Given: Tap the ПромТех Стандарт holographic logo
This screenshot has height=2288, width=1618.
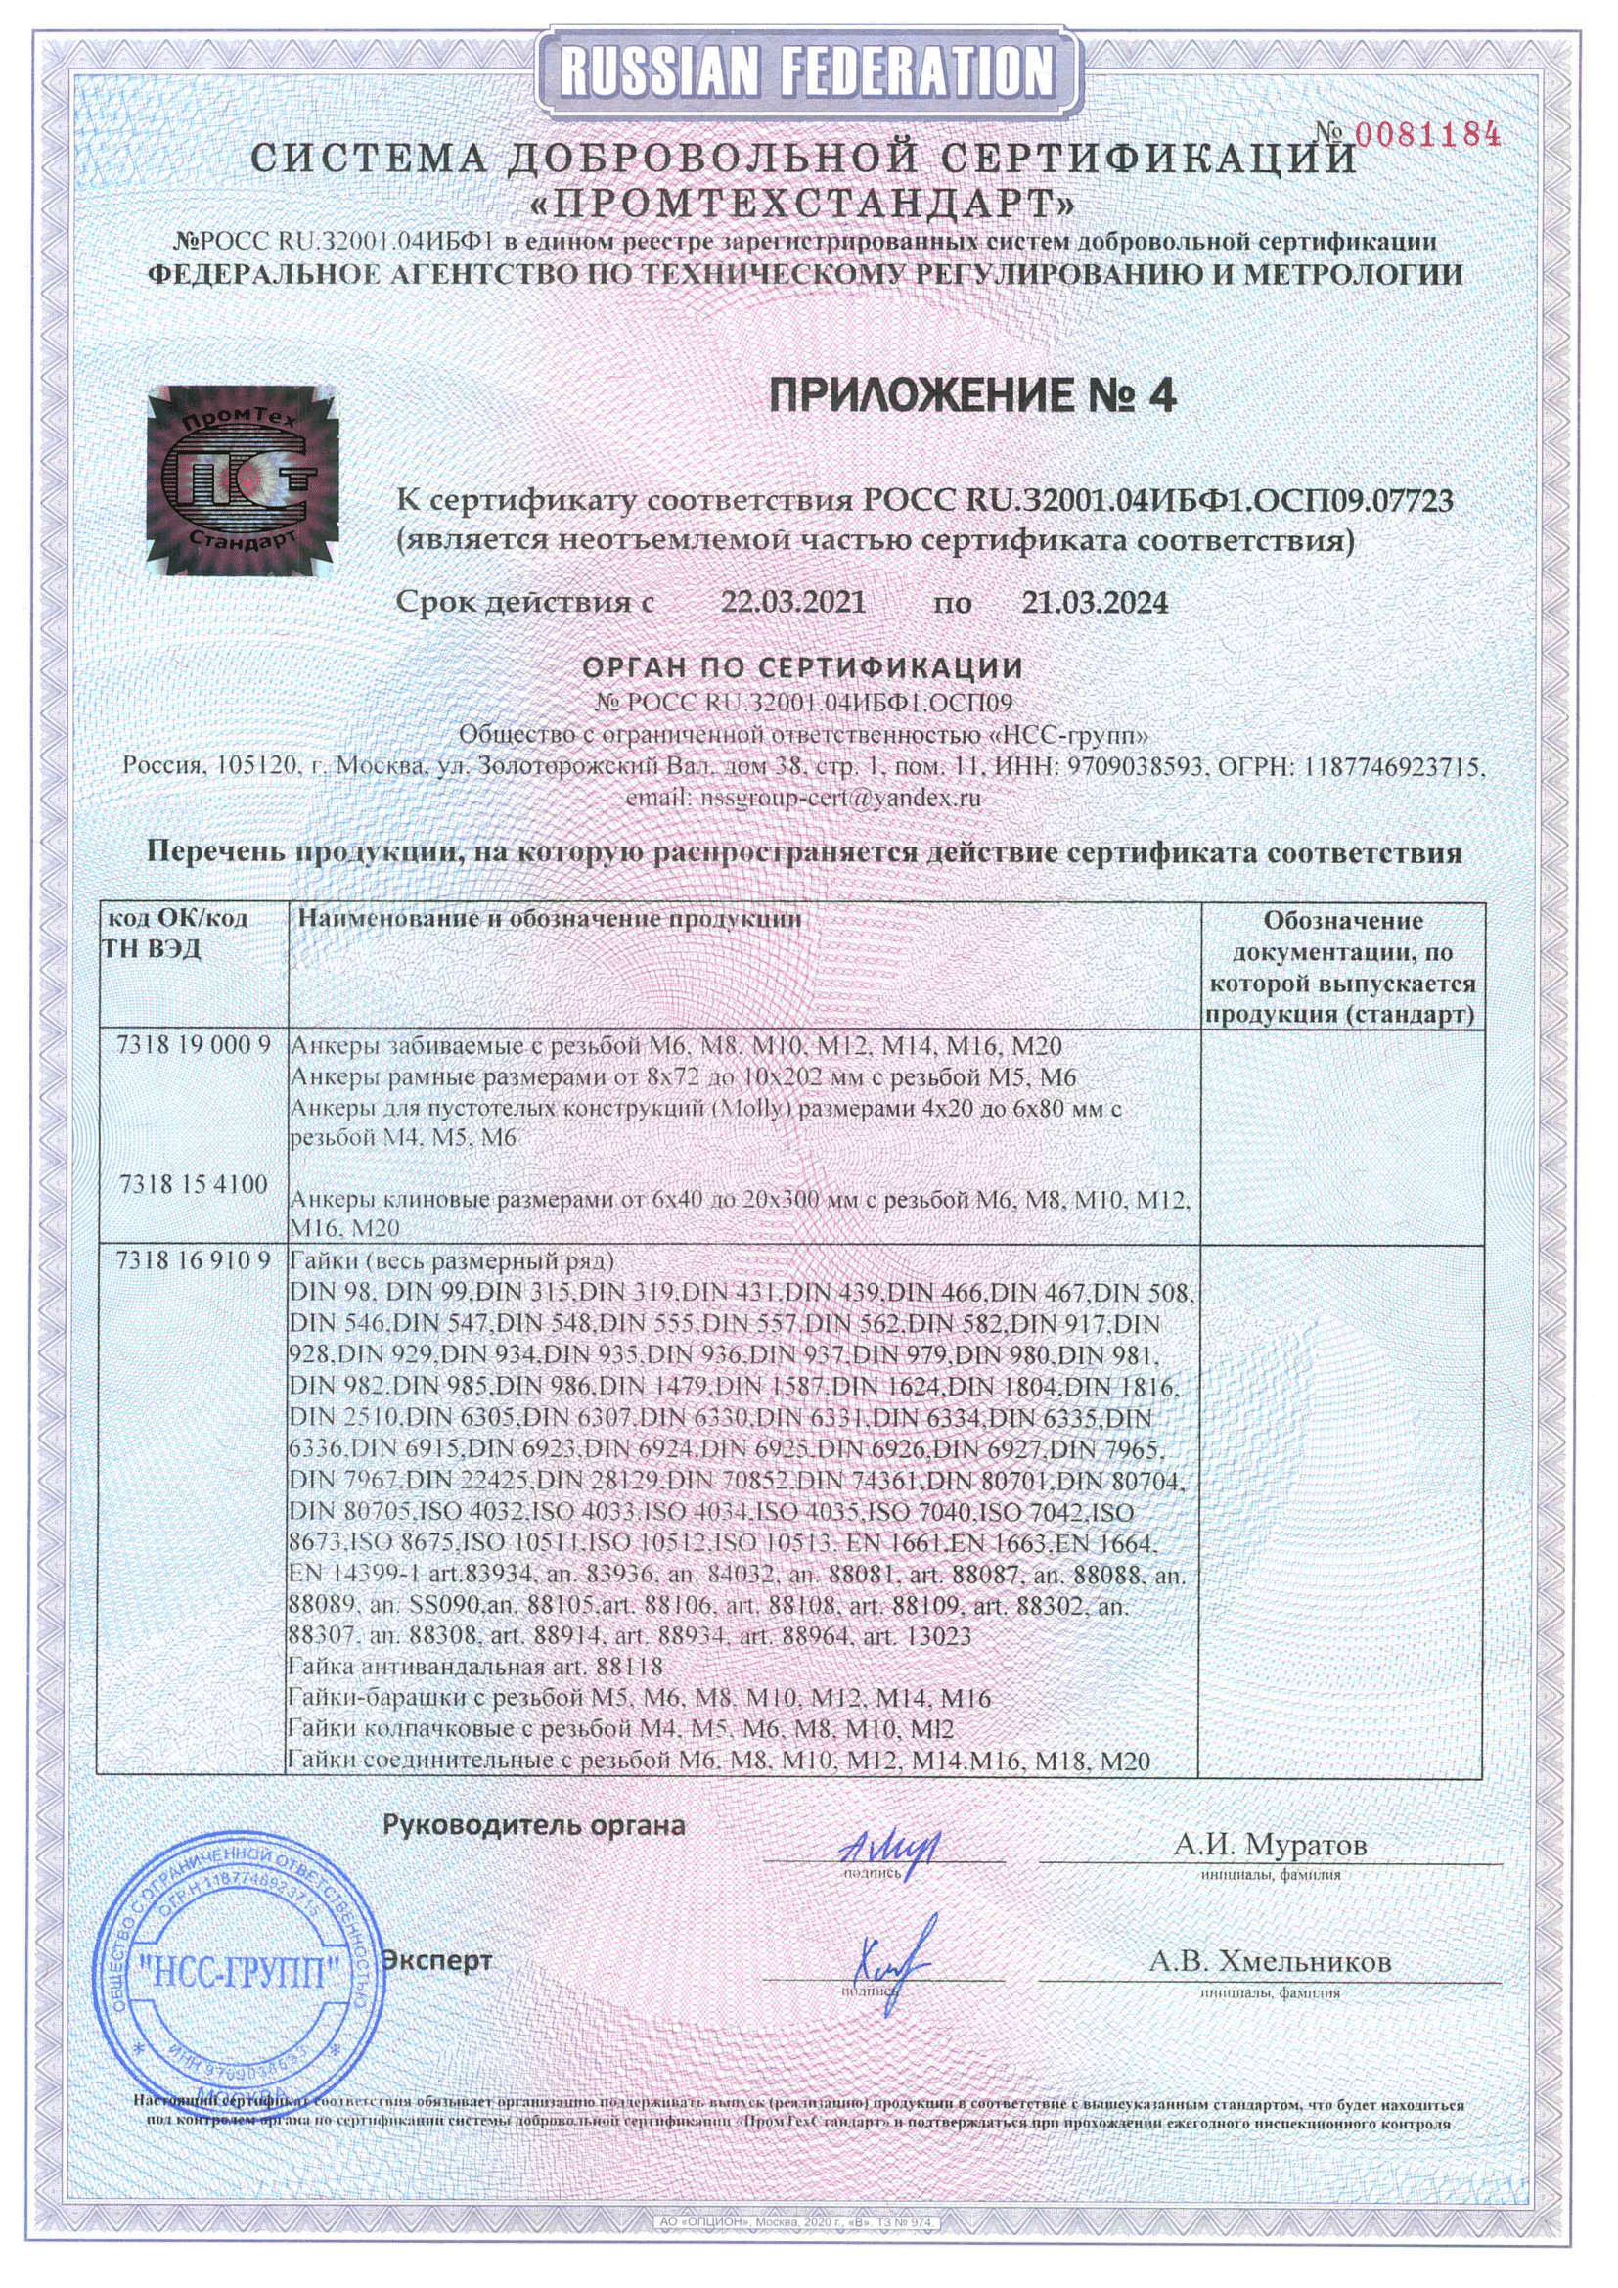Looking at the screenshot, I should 239,484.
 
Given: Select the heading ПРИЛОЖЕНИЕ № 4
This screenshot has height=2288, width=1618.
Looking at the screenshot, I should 973,396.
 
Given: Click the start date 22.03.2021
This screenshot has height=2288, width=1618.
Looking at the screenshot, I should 793,602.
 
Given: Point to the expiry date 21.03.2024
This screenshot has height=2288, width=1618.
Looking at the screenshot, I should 1095,602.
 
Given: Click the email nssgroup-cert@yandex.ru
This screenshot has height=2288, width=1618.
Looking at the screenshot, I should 804,799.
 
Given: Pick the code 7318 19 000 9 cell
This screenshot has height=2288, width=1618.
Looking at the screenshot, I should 194,1046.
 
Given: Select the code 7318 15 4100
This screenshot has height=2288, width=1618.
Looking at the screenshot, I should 194,1185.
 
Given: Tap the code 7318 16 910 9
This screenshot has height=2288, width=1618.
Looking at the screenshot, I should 194,1260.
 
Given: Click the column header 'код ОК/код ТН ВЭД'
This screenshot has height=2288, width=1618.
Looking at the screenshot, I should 177,933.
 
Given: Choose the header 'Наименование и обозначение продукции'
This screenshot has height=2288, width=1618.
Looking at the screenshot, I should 550,919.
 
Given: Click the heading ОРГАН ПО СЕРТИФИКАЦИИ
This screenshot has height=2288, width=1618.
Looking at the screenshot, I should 802,666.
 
